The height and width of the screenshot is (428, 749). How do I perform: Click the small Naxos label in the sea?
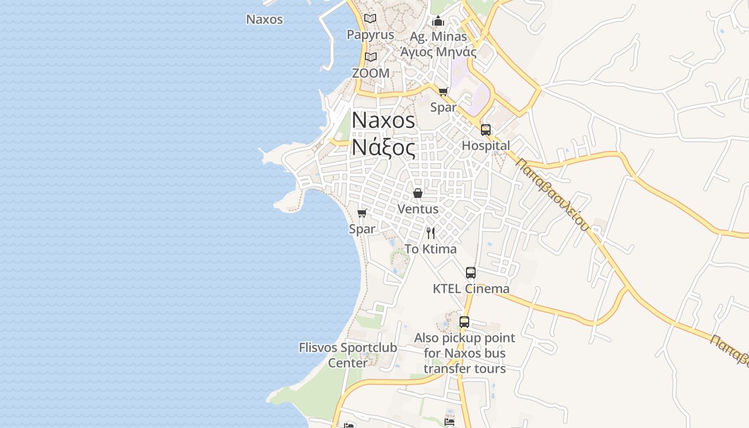coord(264,19)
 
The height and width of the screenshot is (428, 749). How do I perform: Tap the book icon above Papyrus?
coord(370,19)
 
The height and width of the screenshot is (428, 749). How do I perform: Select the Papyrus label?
coord(370,35)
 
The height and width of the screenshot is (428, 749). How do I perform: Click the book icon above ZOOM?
coord(371,57)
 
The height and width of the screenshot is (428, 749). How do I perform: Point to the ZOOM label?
coord(371,73)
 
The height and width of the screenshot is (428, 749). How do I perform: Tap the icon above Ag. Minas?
coord(438,21)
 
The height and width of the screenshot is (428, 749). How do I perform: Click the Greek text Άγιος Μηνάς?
coord(439,52)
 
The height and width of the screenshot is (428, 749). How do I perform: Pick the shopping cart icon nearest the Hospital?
coord(443,91)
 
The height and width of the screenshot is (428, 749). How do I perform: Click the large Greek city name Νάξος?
coord(383,147)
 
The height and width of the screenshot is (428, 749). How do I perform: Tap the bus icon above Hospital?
coord(486,129)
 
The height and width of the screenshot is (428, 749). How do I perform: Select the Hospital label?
coord(486,146)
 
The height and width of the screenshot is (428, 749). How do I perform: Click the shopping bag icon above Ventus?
coord(418,193)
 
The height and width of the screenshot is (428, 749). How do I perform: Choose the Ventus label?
coord(418,209)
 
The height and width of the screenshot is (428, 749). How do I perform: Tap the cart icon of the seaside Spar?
coord(362,213)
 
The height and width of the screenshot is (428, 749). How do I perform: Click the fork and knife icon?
coord(431,233)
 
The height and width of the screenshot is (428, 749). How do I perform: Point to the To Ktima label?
coord(431,249)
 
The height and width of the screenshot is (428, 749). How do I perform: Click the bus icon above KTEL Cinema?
coord(471,273)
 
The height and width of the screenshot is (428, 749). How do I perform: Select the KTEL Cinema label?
coord(471,289)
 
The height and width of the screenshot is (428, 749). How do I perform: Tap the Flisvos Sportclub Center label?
coord(348,355)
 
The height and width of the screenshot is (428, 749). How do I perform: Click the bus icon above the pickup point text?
coord(464,322)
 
